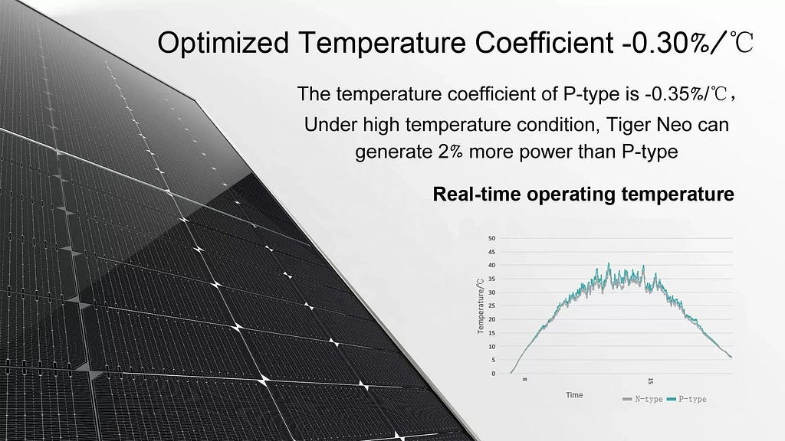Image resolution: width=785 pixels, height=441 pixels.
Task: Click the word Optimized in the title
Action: [223, 43]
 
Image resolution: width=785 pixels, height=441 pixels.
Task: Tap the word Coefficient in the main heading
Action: [544, 43]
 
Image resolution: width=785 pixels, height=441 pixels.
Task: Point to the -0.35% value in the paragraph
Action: [675, 94]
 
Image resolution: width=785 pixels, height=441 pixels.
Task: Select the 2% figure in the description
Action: [450, 152]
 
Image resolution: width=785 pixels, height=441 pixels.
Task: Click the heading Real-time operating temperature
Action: [583, 194]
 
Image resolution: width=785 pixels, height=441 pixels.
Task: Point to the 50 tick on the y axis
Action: [491, 238]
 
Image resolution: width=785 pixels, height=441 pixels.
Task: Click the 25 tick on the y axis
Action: [491, 305]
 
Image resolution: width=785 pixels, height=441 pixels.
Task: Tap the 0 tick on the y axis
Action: [493, 373]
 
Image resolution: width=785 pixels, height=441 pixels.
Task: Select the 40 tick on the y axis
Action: [491, 265]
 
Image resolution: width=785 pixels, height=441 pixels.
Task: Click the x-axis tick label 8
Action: [524, 380]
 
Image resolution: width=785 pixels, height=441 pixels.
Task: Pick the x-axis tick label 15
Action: [650, 381]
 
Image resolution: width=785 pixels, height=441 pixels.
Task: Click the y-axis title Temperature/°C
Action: [481, 306]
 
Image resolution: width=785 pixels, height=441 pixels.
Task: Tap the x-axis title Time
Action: [574, 395]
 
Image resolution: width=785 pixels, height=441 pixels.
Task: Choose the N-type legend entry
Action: [643, 399]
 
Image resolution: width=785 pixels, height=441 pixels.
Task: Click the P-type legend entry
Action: [686, 399]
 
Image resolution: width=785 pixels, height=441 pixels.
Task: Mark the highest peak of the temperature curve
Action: [609, 263]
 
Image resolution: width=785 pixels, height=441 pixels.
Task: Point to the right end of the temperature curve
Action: [731, 357]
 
